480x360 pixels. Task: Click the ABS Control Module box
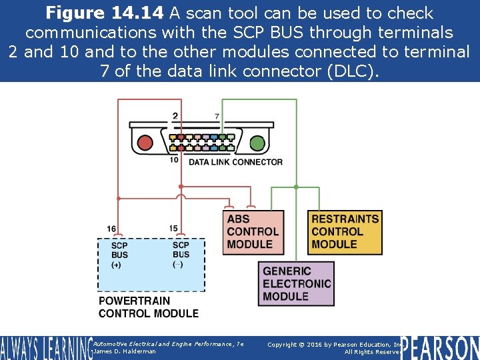(x=253, y=231)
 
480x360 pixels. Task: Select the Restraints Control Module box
(x=345, y=231)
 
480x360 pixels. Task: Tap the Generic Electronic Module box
(x=297, y=283)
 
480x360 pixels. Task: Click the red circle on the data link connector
(x=145, y=142)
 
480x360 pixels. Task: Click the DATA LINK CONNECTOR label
(x=235, y=162)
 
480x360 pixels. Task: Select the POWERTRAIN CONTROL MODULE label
(x=149, y=307)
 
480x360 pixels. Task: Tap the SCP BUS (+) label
(x=119, y=255)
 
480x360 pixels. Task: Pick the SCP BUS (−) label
(x=181, y=254)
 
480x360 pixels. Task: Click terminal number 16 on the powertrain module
(x=111, y=229)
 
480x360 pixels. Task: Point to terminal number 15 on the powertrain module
(x=173, y=229)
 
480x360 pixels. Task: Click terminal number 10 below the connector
(x=173, y=160)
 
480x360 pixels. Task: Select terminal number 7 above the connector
(x=217, y=117)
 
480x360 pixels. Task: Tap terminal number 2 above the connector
(x=175, y=116)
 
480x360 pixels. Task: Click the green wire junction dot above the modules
(x=295, y=187)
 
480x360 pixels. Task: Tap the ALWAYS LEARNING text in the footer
(x=45, y=348)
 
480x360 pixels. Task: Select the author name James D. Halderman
(x=125, y=351)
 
